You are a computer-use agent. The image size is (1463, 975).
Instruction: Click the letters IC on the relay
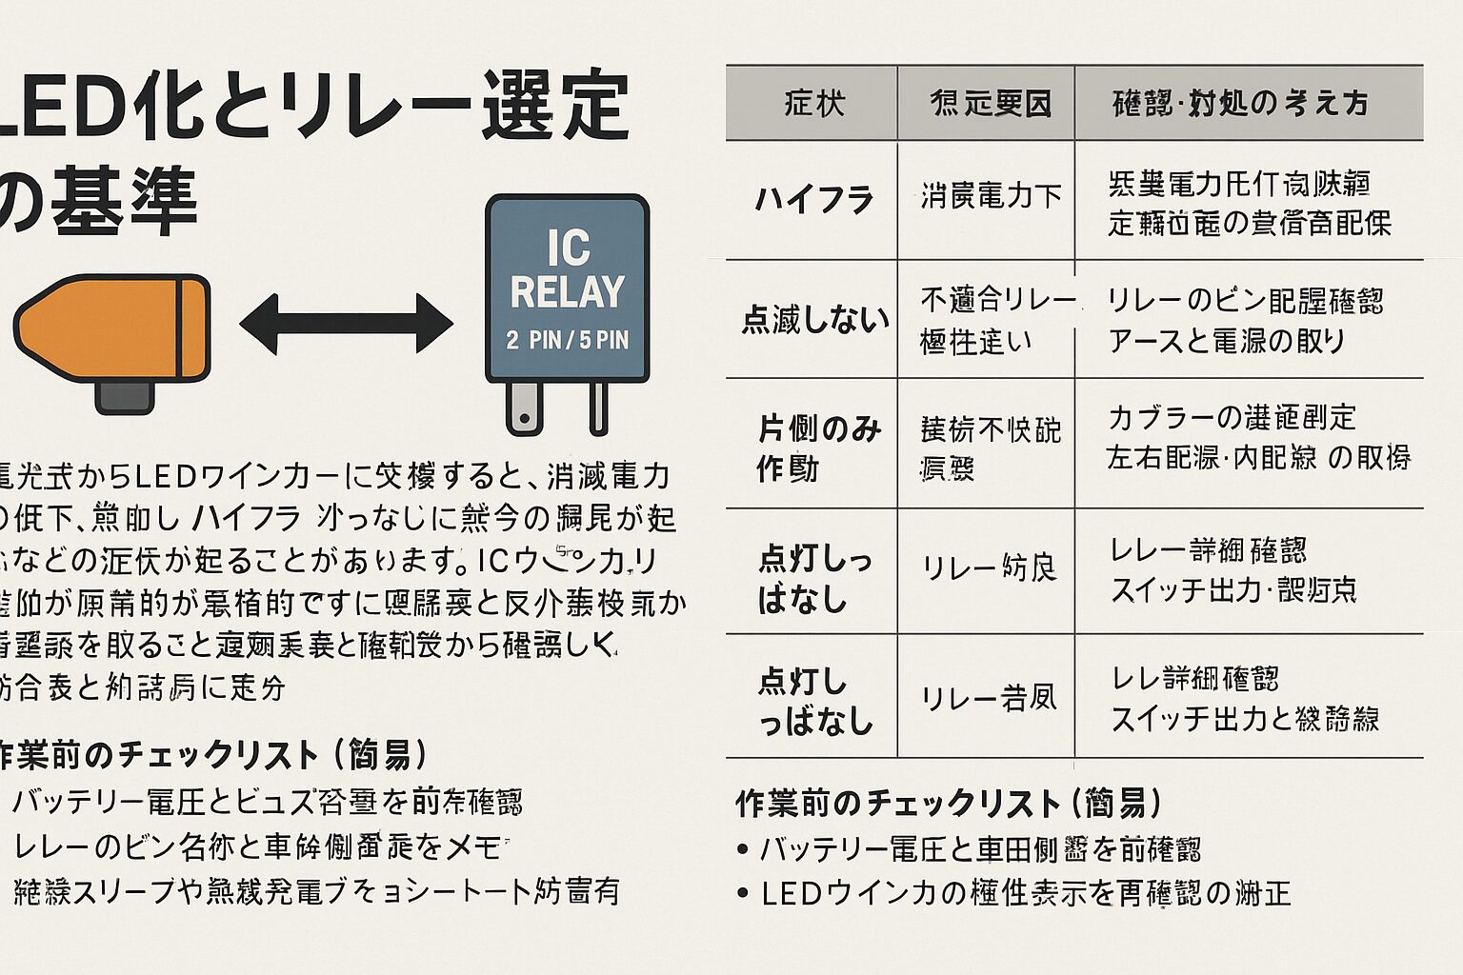point(568,248)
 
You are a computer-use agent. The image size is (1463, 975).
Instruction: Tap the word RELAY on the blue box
point(568,292)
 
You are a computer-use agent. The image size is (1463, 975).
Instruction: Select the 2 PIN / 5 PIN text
point(568,340)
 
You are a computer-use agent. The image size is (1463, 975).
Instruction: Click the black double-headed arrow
point(346,324)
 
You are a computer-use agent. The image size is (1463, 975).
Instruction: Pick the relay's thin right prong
point(598,407)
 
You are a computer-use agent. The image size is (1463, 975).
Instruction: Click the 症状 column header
point(814,103)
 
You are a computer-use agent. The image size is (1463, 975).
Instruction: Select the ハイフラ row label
point(814,200)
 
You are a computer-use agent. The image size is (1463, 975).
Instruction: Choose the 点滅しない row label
point(814,320)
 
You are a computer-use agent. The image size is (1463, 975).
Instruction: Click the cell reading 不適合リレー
point(996,300)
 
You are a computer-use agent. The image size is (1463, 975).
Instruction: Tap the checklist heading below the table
point(948,804)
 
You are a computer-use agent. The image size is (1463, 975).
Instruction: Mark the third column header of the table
point(1240,103)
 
